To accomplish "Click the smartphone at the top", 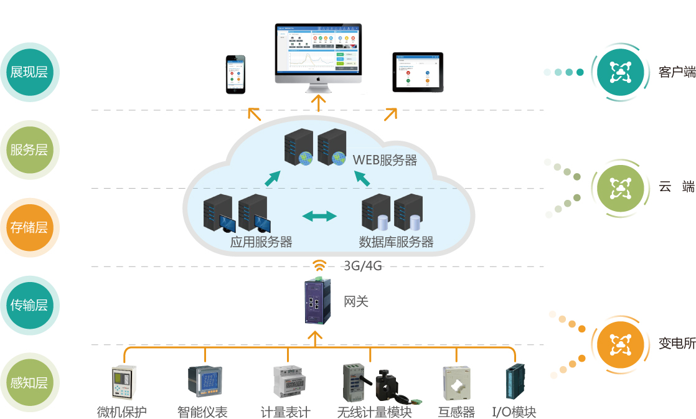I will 235,74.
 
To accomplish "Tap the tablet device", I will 418,72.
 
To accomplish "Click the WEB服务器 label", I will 385,159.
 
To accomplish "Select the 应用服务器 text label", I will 261,242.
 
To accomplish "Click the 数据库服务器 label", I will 396,242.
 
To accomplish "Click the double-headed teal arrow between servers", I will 319,216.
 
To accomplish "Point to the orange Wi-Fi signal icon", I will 319,266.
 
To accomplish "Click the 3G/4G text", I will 362,266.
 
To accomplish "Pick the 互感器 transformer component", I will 456,383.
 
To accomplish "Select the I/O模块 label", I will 514,412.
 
